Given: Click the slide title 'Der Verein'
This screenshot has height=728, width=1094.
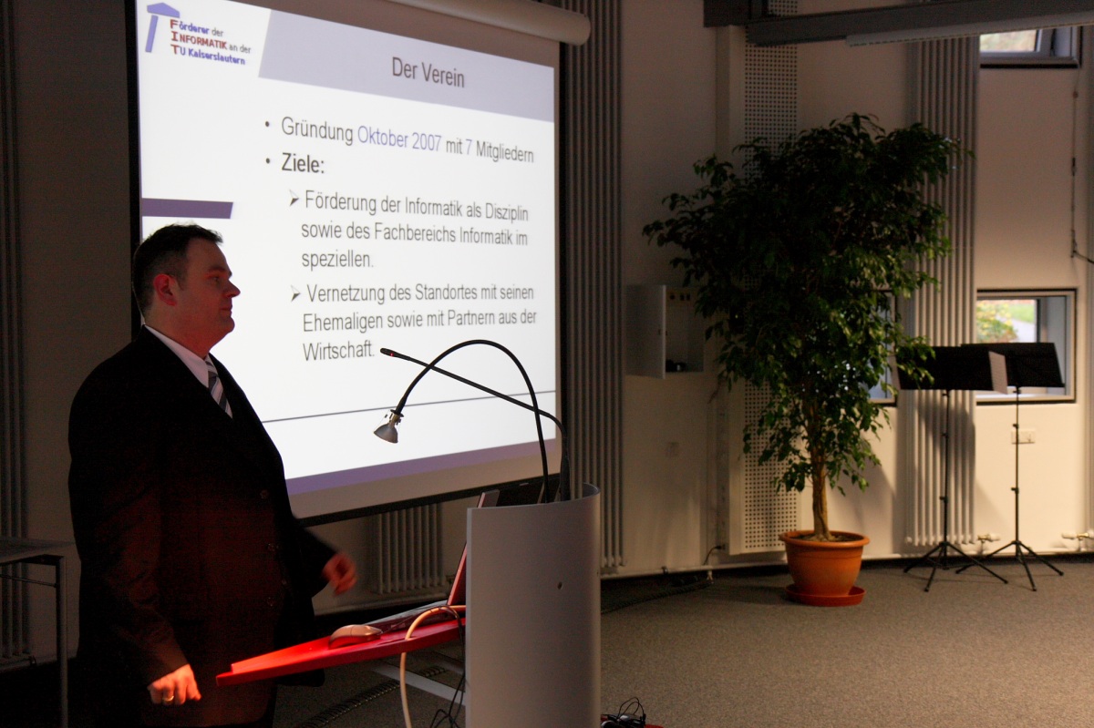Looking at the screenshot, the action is [428, 73].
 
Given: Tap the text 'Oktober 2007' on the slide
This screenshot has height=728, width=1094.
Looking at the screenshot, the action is [399, 139].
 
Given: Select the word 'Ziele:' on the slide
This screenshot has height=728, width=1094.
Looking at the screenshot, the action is [303, 164].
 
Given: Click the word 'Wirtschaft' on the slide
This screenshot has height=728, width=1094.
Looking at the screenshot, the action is [338, 351].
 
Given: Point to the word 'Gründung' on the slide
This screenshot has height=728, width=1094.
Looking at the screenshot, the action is [317, 130].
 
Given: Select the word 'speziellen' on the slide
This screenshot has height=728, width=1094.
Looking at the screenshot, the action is [337, 260].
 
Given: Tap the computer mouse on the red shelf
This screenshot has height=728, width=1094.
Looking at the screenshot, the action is [355, 635].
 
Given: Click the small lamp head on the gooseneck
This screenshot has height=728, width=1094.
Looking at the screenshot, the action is [387, 427].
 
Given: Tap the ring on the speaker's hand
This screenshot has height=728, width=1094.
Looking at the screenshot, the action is [168, 699].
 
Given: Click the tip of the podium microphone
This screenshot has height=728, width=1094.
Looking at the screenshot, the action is [383, 351].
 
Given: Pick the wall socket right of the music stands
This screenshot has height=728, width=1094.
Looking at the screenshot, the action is [1023, 436].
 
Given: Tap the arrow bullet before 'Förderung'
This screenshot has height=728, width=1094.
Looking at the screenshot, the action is [294, 199].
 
